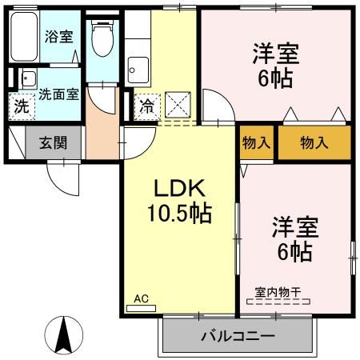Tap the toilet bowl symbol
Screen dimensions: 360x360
102,38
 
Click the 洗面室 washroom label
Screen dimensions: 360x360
59,94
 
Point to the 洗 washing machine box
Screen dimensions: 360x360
22,105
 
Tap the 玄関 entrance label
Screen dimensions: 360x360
53,145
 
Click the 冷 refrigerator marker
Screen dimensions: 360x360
147,105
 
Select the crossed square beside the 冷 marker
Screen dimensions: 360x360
176,105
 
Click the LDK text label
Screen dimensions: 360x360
180,190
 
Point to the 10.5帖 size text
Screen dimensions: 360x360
179,214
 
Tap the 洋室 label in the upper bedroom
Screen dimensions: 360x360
276,54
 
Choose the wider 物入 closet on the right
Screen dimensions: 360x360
314,142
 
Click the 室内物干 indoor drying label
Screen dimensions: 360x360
278,293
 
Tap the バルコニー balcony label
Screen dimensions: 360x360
238,335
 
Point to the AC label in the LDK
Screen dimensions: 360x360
141,298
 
